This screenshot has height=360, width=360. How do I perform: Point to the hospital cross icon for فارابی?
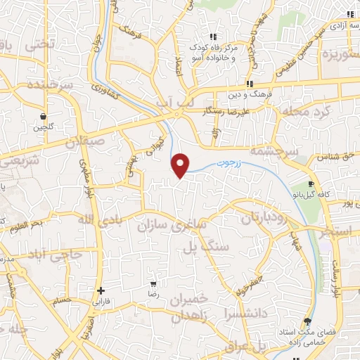click(x=101, y=290)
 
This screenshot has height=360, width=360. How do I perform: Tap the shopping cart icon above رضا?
click(x=153, y=285)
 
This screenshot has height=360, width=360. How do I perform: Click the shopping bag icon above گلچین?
click(x=44, y=116)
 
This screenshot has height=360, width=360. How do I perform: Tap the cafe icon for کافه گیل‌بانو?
click(x=309, y=185)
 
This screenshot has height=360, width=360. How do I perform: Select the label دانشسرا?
click(x=241, y=309)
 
